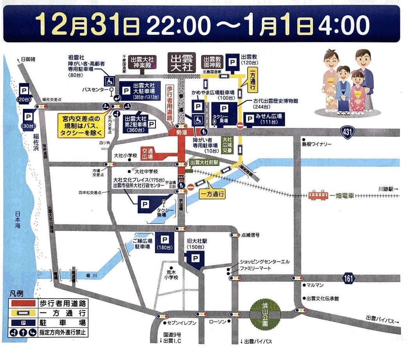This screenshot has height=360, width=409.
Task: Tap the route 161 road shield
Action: (348, 278)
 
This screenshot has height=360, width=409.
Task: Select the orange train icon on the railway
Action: (318, 195)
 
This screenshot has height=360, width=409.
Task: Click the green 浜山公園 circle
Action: (265, 313)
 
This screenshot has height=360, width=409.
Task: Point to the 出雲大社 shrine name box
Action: (182, 63)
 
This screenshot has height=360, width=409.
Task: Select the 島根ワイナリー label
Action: (316, 144)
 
